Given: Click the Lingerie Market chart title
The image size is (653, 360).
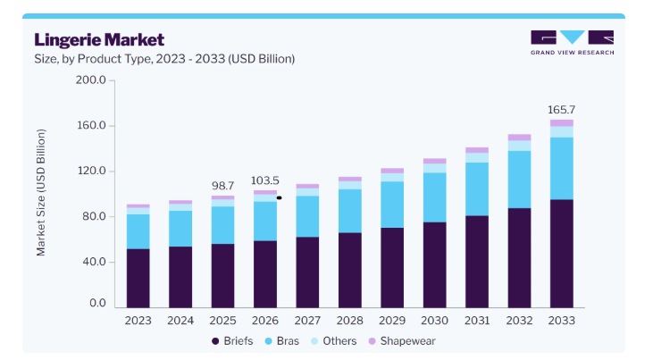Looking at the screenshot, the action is [99, 40].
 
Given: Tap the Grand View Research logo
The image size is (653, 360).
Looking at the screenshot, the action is [573, 43].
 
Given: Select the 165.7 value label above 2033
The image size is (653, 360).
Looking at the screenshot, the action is [561, 110].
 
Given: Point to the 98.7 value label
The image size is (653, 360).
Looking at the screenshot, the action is [222, 186].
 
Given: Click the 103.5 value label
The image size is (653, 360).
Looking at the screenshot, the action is [265, 180].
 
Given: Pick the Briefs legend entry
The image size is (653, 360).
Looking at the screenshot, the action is [232, 341].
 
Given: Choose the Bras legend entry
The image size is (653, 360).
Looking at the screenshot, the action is [282, 341].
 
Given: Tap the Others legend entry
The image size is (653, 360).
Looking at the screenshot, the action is [333, 341].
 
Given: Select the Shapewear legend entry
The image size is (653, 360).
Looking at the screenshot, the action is [402, 341].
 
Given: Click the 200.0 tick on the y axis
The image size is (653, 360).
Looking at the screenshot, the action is [91, 80].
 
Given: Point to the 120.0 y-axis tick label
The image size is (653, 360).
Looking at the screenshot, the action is [91, 171].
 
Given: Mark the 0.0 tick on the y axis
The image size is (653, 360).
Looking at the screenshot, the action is [97, 303].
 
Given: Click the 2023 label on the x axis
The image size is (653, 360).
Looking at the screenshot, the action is [138, 321].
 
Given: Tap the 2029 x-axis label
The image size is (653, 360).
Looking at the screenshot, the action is [392, 321].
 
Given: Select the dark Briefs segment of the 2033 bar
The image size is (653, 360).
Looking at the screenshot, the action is [561, 254].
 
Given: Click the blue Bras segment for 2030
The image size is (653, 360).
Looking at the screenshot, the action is [434, 197].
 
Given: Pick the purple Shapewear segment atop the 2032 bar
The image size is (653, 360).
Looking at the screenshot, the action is [519, 138].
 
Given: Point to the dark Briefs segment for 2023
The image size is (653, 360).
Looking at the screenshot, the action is [138, 279].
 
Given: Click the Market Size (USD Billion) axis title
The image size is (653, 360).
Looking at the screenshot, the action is [40, 192].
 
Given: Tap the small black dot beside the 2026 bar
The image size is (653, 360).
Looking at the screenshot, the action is [279, 198].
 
